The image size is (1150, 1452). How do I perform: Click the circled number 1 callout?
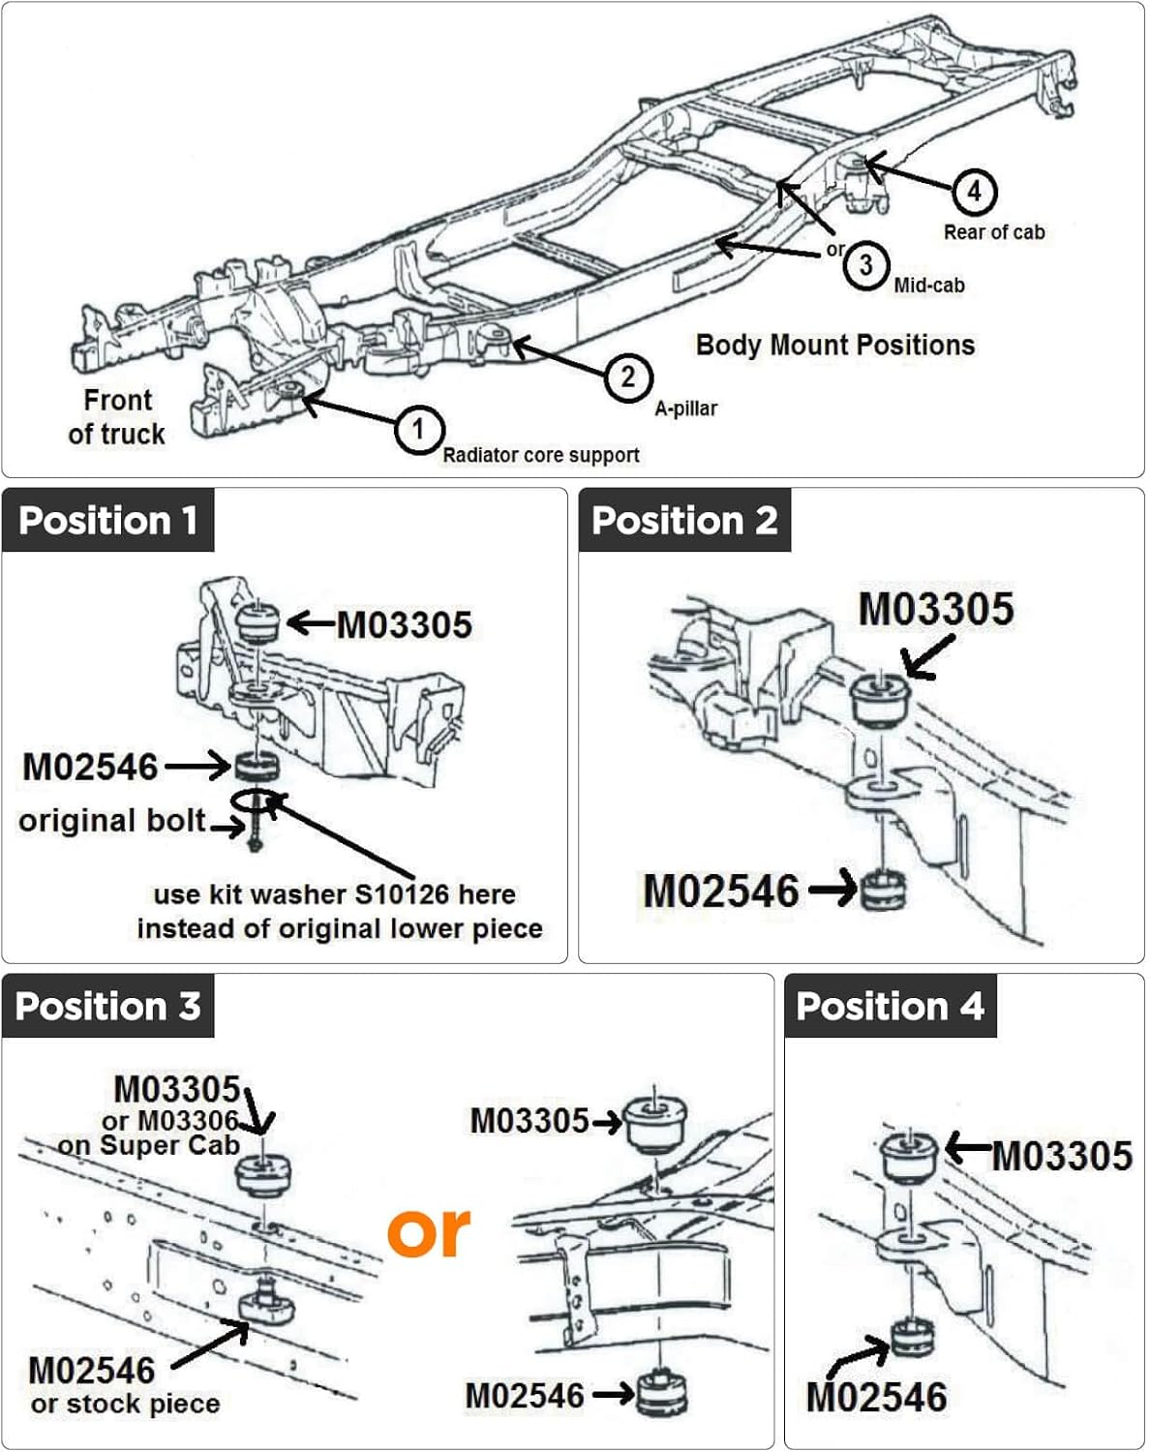(419, 429)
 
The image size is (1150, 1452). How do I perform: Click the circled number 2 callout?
(628, 378)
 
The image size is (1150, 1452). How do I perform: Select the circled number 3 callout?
(866, 265)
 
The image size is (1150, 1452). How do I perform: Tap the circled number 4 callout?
(975, 192)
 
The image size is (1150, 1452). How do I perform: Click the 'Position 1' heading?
(108, 521)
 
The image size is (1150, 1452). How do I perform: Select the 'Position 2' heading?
(684, 521)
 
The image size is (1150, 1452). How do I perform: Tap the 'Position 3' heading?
(108, 1006)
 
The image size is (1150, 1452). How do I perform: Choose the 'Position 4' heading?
(891, 1006)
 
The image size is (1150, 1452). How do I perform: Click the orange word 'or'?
(429, 1232)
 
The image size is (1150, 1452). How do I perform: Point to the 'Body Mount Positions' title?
(835, 345)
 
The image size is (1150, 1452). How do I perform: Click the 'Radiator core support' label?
(541, 455)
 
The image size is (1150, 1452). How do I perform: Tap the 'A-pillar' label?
(685, 408)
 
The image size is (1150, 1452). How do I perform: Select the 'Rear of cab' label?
(994, 232)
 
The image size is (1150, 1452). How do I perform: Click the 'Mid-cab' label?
(929, 286)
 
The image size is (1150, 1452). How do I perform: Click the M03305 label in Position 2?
(936, 609)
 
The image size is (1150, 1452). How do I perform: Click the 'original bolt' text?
(112, 821)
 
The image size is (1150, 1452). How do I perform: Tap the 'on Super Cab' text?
(149, 1145)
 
